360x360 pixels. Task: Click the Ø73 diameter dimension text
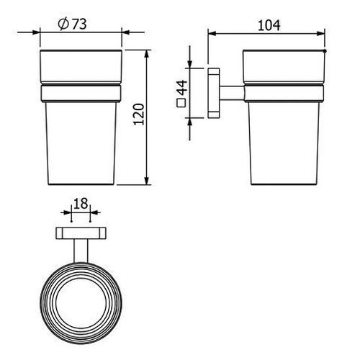point(72,24)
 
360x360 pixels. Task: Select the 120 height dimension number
point(139,114)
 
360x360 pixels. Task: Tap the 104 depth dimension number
point(269,26)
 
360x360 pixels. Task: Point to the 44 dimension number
point(182,88)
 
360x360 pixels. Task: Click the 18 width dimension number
point(81,204)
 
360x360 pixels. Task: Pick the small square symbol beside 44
point(181,103)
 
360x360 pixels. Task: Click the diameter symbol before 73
point(63,24)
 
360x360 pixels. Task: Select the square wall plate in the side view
point(213,93)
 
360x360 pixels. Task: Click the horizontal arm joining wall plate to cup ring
point(232,93)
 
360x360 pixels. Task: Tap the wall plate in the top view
point(81,233)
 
